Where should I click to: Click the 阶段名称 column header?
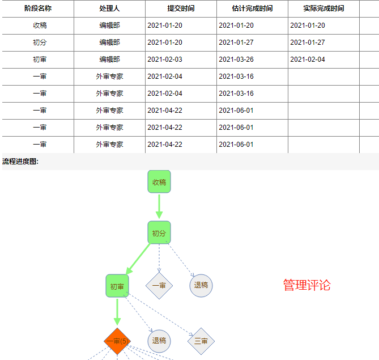click(x=38, y=9)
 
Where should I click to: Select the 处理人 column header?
click(x=109, y=9)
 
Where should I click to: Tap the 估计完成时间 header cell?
click(x=252, y=9)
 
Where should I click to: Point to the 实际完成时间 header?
click(x=323, y=9)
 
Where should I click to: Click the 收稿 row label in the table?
click(x=40, y=26)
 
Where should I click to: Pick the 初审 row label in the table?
click(x=40, y=60)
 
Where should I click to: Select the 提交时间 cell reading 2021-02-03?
click(x=165, y=60)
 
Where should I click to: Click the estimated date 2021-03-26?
click(x=236, y=60)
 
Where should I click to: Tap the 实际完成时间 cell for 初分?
click(x=308, y=43)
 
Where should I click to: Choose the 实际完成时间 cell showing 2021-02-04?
click(x=308, y=60)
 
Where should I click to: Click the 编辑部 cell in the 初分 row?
click(x=109, y=43)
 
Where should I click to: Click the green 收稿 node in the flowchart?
click(x=159, y=182)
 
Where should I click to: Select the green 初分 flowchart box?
click(x=159, y=233)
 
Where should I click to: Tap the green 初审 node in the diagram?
click(x=117, y=286)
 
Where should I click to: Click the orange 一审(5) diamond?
click(x=117, y=341)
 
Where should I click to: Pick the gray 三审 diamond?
click(x=201, y=341)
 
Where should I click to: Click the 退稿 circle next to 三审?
click(x=159, y=341)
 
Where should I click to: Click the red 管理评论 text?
click(x=306, y=285)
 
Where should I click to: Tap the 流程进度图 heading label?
click(x=20, y=162)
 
